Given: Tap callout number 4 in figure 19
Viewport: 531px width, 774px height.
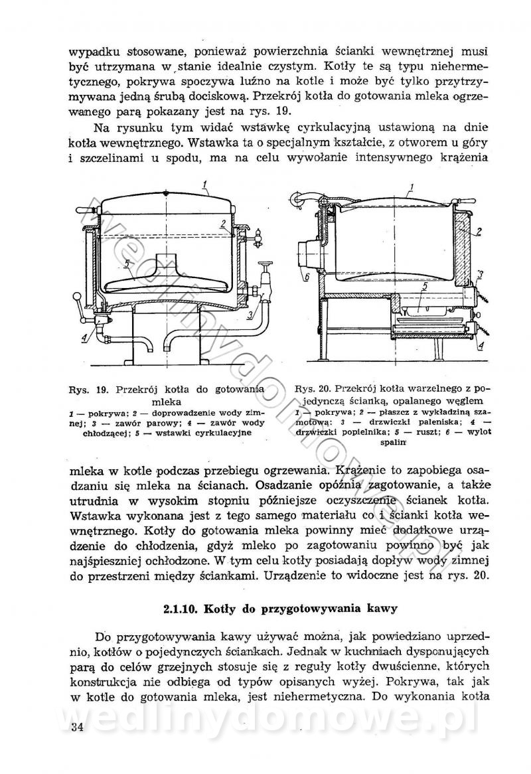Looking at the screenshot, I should tap(85, 337).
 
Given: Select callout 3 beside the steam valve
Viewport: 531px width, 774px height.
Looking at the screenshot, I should tap(250, 317).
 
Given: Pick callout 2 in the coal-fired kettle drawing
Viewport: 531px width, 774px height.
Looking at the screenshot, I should tap(478, 232).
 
